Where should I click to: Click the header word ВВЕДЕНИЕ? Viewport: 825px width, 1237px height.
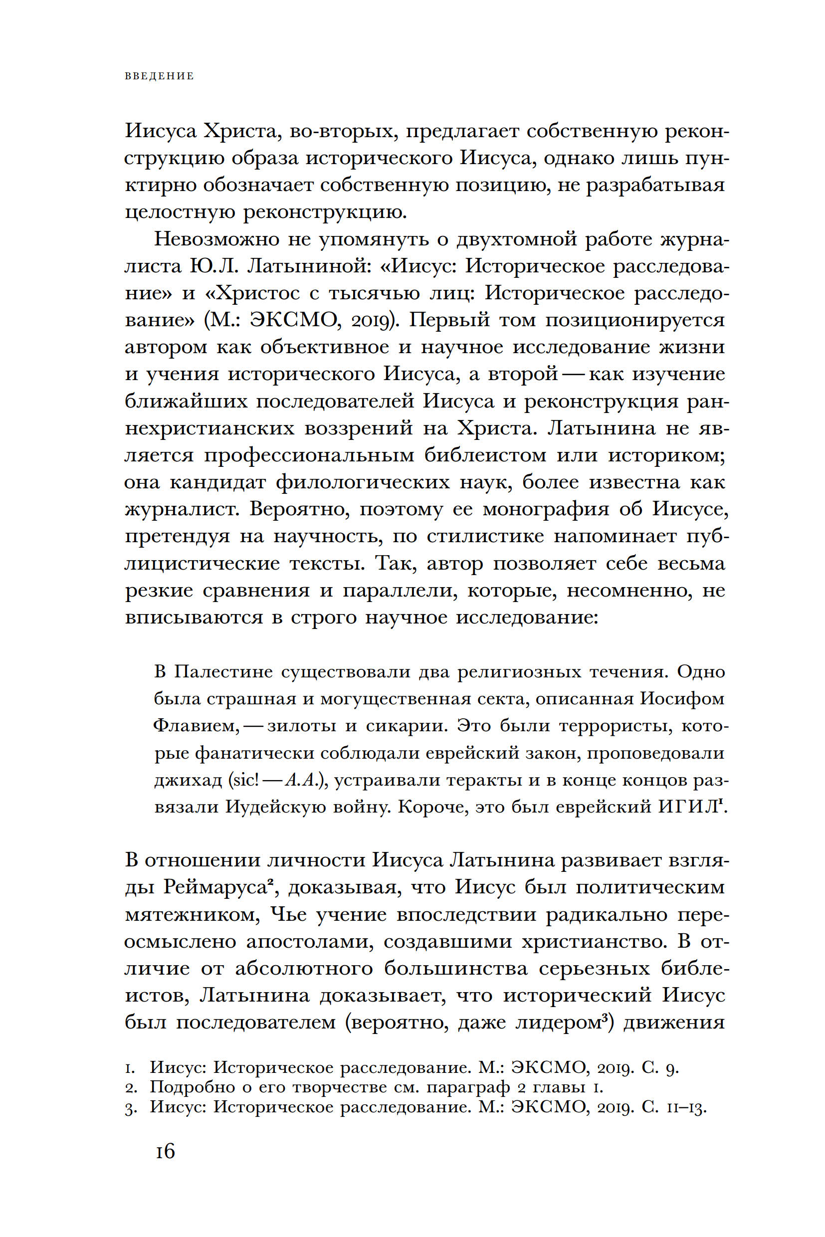click(160, 76)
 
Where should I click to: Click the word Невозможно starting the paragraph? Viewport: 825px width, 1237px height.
click(217, 239)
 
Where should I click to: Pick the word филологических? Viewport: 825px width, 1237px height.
click(363, 482)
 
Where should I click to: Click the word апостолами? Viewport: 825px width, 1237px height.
click(310, 942)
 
